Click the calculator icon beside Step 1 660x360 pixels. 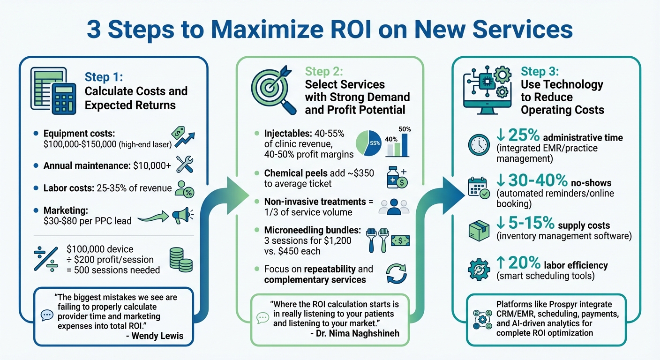click(64, 98)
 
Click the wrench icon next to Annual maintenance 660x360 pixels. click(184, 165)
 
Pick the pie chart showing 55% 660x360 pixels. click(369, 143)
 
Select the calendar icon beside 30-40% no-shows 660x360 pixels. click(479, 187)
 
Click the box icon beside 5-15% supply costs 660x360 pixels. click(479, 231)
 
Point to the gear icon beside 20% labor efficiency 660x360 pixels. click(479, 270)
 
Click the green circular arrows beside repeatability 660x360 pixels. click(396, 274)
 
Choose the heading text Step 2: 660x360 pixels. click(324, 72)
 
